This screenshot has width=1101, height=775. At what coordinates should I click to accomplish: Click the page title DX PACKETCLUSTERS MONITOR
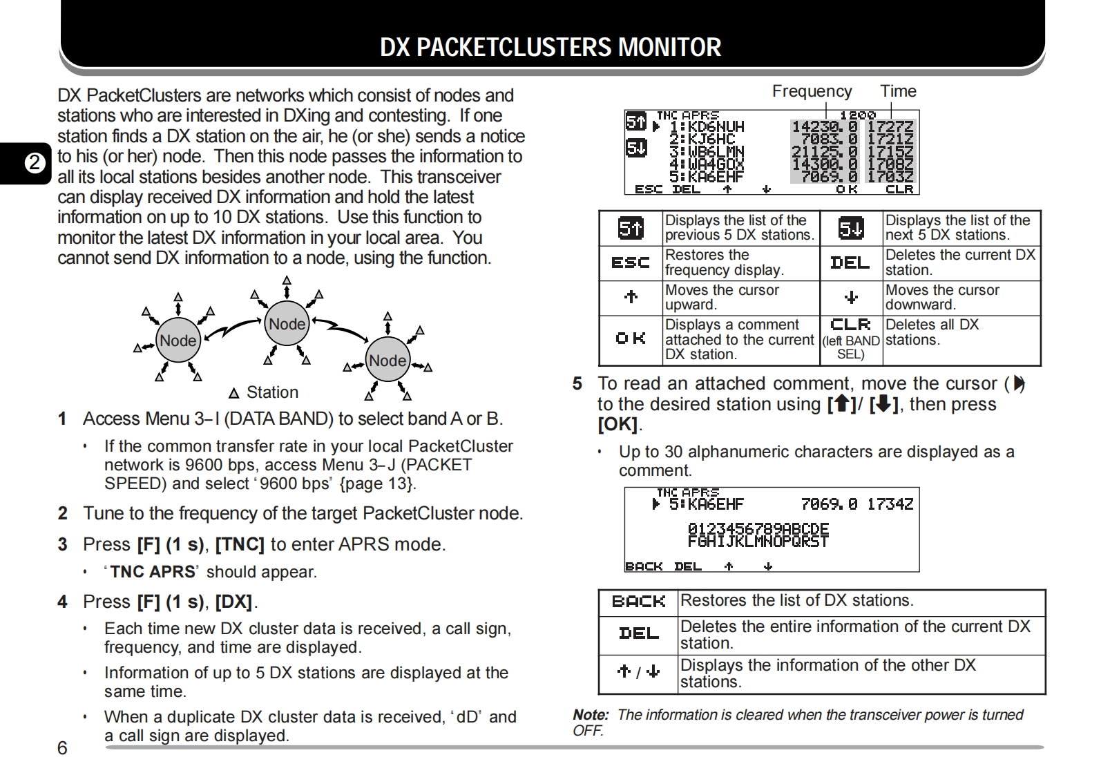tap(550, 47)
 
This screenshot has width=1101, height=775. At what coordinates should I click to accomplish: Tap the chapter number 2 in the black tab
tap(33, 164)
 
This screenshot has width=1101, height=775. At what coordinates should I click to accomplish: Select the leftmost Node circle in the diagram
tap(178, 341)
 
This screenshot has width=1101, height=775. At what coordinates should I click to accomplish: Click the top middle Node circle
tap(287, 324)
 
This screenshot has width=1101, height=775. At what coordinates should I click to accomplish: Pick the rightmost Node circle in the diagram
tap(387, 361)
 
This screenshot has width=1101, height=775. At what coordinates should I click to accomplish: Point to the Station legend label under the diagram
tap(272, 392)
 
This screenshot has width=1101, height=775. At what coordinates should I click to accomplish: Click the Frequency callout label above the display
tap(812, 91)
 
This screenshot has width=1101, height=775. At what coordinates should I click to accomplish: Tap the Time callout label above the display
tap(898, 91)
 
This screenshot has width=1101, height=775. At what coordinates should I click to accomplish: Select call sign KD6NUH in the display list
tap(707, 127)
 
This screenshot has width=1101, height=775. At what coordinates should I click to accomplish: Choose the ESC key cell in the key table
tap(631, 262)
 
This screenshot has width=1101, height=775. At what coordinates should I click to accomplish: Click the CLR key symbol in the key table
tap(850, 325)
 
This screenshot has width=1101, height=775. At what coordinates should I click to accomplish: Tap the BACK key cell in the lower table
tap(638, 602)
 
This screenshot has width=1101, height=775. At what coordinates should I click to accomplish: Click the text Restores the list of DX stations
tap(796, 600)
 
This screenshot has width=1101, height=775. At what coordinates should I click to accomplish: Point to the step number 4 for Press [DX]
tap(62, 602)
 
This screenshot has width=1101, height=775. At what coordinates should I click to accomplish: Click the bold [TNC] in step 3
tap(240, 544)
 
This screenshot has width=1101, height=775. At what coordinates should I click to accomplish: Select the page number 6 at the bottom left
tap(62, 748)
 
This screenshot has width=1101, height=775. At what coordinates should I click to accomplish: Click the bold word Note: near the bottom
tap(591, 715)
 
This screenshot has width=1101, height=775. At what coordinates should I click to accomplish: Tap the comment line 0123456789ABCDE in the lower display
tap(758, 529)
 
